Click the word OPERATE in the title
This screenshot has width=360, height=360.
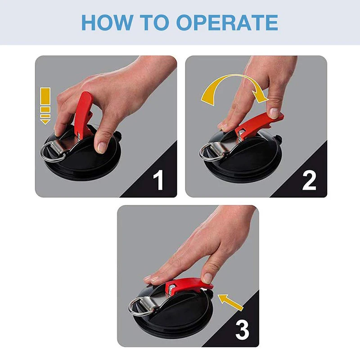227,22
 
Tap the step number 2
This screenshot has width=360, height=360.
309,180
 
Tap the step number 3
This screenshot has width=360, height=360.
242,330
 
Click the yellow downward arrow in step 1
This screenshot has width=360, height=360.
45,106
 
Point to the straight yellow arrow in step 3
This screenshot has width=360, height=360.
230,302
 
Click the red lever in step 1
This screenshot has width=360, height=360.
83,114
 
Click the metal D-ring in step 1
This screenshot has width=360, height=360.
52,152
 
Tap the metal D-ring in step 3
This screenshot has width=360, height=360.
139,306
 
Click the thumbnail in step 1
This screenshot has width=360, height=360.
101,148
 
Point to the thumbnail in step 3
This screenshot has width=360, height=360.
207,278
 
